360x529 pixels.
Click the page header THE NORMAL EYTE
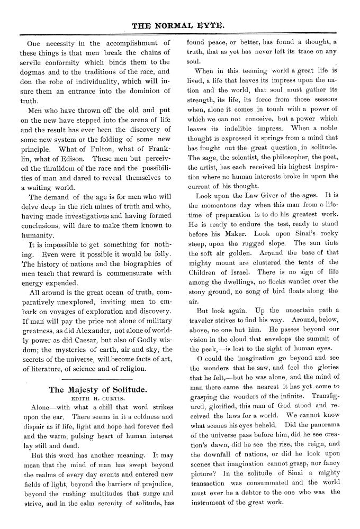point(179,24)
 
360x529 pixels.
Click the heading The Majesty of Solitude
point(97,390)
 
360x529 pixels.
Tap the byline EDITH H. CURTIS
point(97,399)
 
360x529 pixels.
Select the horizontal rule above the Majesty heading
point(97,379)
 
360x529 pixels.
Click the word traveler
point(204,320)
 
